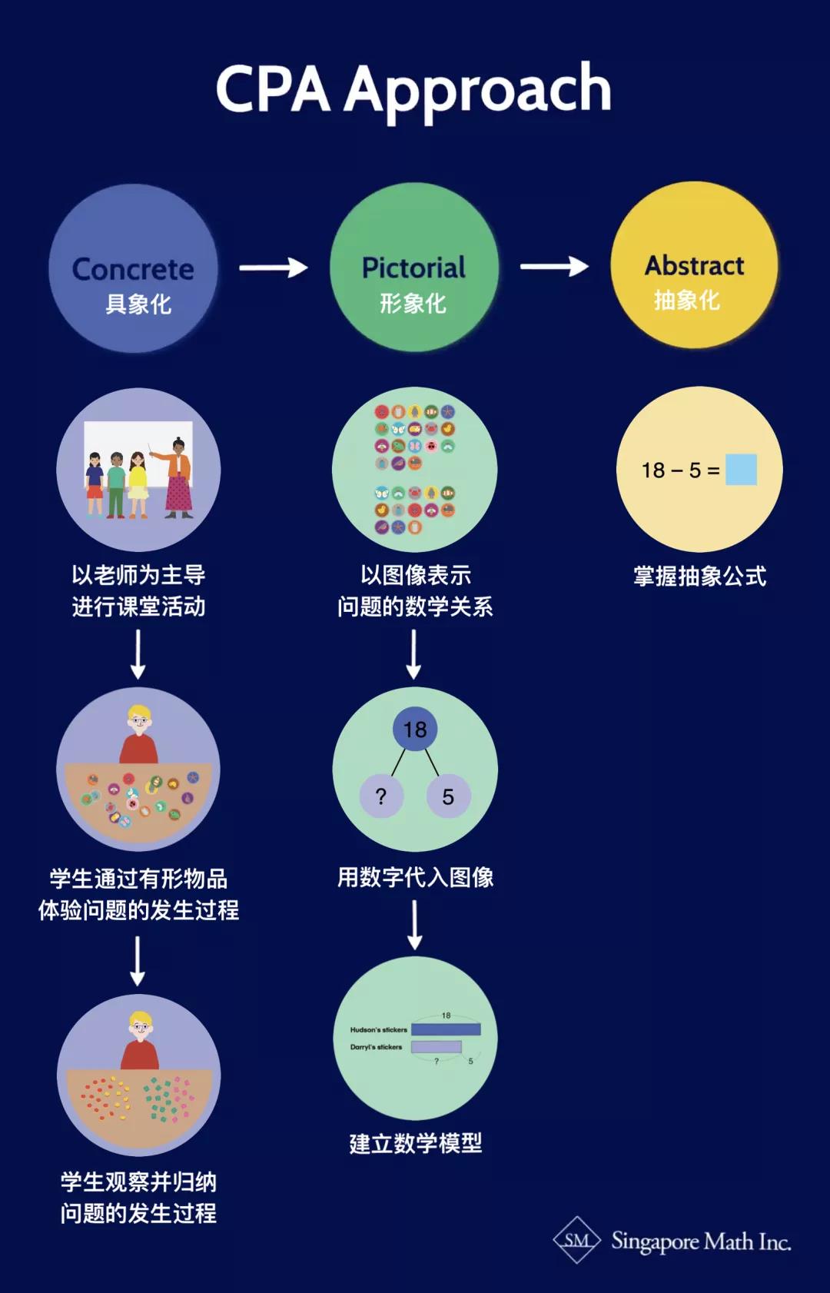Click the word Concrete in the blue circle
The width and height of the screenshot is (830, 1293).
pyautogui.click(x=133, y=269)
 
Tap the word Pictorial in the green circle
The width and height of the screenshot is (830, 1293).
pyautogui.click(x=413, y=268)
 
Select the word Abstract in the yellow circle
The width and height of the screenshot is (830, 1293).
pyautogui.click(x=694, y=265)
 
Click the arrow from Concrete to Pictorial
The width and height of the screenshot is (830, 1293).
pyautogui.click(x=273, y=268)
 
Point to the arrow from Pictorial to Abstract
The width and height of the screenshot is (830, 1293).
pyautogui.click(x=554, y=267)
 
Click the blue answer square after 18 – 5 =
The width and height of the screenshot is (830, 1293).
pyautogui.click(x=741, y=470)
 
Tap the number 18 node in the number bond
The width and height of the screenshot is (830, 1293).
pyautogui.click(x=415, y=729)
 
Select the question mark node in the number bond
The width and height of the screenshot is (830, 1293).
pyautogui.click(x=381, y=796)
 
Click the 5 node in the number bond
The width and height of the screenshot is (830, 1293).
pyautogui.click(x=448, y=796)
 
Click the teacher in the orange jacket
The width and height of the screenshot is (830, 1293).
pyautogui.click(x=179, y=477)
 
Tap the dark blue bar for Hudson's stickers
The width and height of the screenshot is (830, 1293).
pyautogui.click(x=446, y=1029)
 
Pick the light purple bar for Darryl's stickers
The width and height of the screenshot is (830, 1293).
pyautogui.click(x=436, y=1047)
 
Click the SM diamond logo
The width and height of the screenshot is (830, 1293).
pyautogui.click(x=577, y=1240)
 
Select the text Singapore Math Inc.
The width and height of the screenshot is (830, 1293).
pyautogui.click(x=701, y=1241)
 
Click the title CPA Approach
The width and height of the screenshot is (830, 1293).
pyautogui.click(x=413, y=89)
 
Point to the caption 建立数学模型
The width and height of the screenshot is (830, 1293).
pyautogui.click(x=415, y=1143)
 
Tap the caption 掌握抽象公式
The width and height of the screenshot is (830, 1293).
pyautogui.click(x=699, y=576)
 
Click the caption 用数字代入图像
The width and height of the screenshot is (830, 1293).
pyautogui.click(x=415, y=877)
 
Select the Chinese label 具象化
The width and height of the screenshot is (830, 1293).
pyautogui.click(x=138, y=304)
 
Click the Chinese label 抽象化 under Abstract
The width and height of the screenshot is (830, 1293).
pyautogui.click(x=686, y=300)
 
